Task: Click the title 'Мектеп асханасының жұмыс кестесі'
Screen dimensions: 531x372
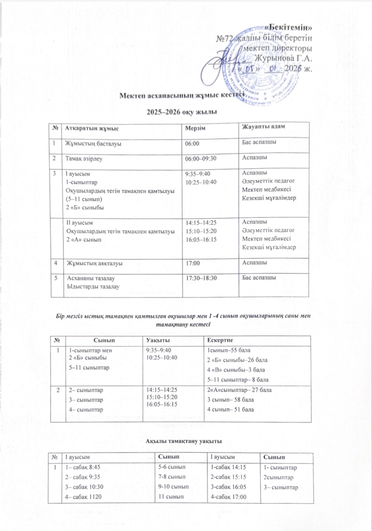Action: click(182, 95)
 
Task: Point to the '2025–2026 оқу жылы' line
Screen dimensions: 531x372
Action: click(182, 112)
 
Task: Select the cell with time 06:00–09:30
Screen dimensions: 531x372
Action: click(201, 158)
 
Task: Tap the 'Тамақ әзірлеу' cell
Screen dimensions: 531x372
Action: click(84, 158)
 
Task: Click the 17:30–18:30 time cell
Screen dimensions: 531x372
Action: click(201, 278)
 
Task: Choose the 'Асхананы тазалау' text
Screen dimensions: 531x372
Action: click(91, 278)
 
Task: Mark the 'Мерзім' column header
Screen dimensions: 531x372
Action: click(195, 128)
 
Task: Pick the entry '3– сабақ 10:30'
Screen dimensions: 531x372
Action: click(84, 487)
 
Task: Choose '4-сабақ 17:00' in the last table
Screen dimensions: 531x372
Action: click(228, 497)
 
